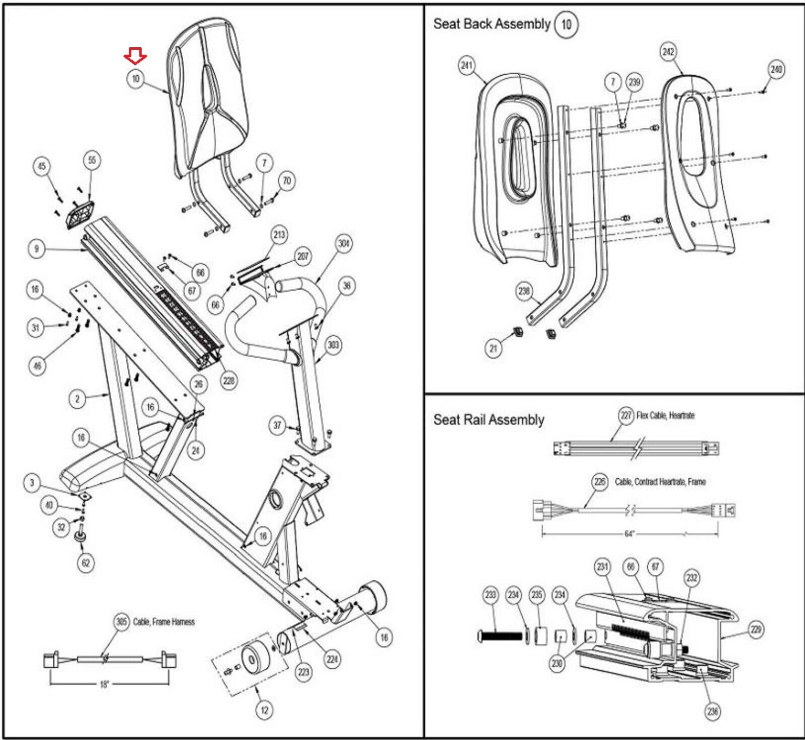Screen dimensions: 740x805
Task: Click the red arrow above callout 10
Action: click(x=135, y=55)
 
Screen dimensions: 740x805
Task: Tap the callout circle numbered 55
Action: click(x=92, y=160)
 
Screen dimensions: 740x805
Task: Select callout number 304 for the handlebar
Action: click(x=344, y=244)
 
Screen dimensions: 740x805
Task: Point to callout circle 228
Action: click(x=229, y=381)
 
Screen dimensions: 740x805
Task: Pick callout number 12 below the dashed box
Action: click(x=264, y=710)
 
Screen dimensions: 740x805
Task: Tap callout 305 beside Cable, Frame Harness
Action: click(x=122, y=622)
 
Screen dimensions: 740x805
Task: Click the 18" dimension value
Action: click(x=104, y=684)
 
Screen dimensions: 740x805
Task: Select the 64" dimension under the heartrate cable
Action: click(x=629, y=534)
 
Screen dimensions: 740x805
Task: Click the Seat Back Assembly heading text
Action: click(x=492, y=24)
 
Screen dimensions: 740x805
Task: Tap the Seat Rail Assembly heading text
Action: click(x=489, y=420)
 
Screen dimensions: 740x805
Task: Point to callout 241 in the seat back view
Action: click(x=467, y=65)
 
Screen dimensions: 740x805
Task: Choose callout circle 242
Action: click(x=668, y=52)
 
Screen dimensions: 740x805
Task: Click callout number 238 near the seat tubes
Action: click(x=524, y=291)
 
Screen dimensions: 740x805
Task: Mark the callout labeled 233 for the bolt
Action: click(x=491, y=595)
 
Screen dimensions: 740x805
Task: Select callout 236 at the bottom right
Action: click(x=712, y=711)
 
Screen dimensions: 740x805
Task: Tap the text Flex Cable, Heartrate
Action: click(x=665, y=416)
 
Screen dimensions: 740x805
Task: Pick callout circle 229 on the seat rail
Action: click(x=756, y=629)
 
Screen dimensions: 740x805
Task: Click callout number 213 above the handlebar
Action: click(x=279, y=235)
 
